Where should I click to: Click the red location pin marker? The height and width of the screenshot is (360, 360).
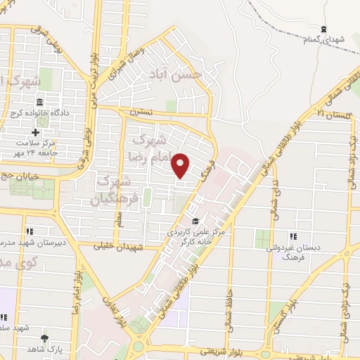(181, 165)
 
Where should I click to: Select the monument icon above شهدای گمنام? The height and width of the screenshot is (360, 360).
(323, 30)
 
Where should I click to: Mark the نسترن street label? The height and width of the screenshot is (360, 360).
(141, 112)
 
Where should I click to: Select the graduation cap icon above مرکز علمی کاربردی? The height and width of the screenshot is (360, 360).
(195, 220)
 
